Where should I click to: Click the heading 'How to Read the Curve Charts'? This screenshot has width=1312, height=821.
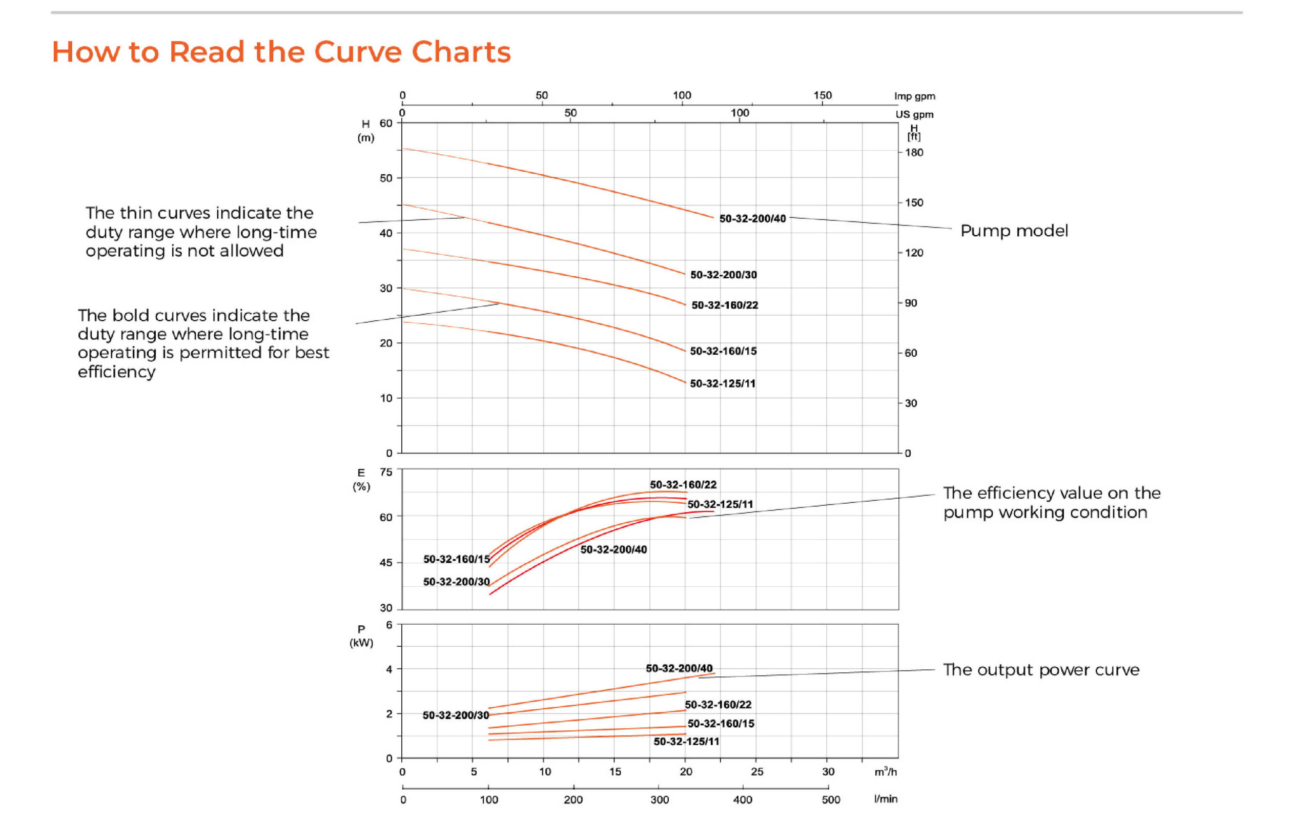(x=281, y=52)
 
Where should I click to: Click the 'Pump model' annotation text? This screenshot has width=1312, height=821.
(x=1013, y=231)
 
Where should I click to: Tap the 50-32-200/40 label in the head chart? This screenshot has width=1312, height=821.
(x=752, y=219)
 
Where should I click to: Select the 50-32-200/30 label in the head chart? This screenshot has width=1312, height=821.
(x=723, y=275)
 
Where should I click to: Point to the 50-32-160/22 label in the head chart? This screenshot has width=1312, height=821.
(x=725, y=305)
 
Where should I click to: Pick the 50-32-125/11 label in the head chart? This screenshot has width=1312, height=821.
(x=722, y=384)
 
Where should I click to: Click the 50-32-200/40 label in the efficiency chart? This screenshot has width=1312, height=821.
(x=613, y=549)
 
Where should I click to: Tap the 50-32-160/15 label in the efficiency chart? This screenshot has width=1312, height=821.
(x=456, y=559)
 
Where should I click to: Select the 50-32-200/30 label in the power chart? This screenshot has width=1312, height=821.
(x=456, y=715)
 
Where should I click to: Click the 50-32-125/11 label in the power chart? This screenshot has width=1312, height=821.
(x=686, y=742)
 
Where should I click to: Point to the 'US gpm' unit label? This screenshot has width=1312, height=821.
(x=914, y=115)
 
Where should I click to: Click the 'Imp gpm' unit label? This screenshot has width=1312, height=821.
(x=914, y=96)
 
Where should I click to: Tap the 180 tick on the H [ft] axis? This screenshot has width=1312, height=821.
(x=913, y=153)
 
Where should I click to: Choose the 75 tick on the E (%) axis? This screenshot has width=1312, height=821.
(x=385, y=473)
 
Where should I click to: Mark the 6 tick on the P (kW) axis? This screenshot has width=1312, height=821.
(x=389, y=625)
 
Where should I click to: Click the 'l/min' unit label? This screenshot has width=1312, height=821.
(x=885, y=799)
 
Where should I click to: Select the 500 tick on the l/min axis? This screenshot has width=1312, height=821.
(x=830, y=800)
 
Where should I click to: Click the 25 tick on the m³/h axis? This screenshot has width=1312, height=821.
(x=756, y=772)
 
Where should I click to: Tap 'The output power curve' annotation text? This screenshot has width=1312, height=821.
(x=1040, y=670)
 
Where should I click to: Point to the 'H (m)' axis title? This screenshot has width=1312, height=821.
(x=365, y=131)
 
